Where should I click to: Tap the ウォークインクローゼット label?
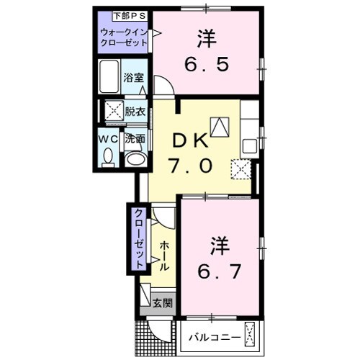124,37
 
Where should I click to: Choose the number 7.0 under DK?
191,166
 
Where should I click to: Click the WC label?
107,138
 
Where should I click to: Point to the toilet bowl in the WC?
107,156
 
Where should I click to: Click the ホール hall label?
164,253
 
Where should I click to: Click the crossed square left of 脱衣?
112,112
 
